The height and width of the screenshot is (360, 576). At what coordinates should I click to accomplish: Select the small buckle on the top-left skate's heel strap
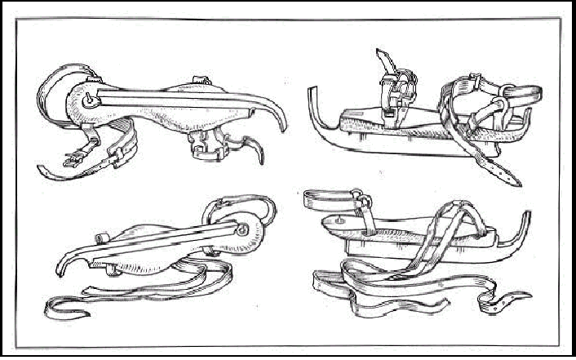point(82,152)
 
